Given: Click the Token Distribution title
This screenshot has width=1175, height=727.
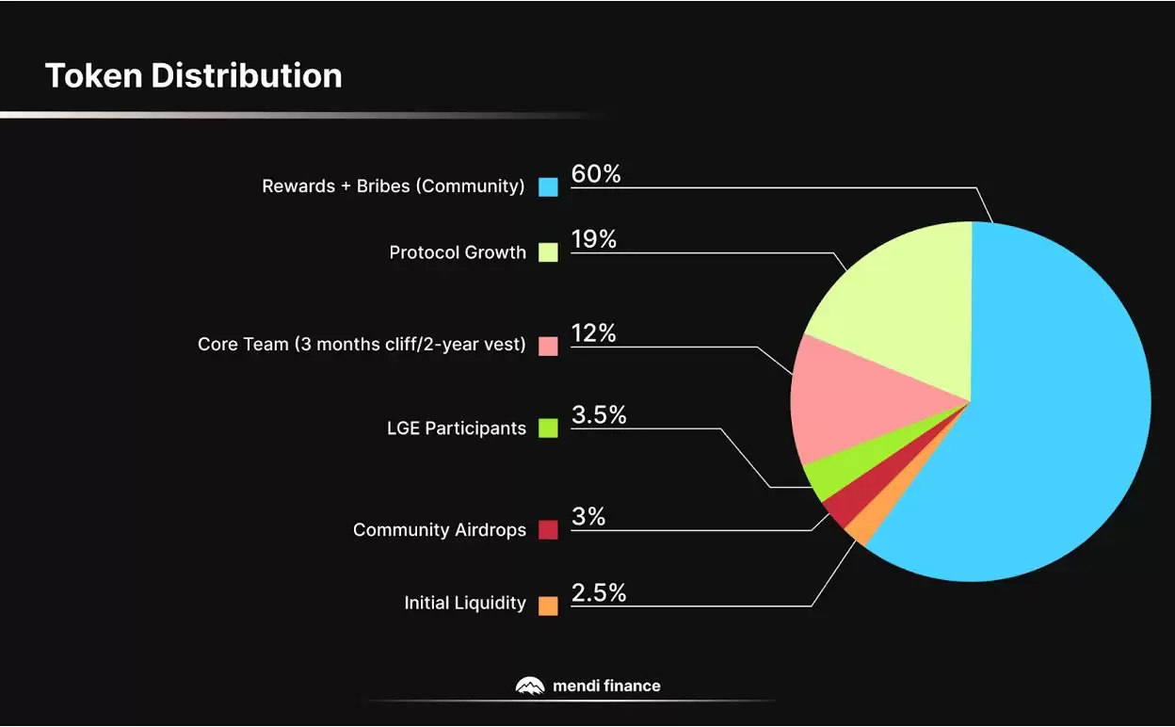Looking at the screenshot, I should coord(193,75).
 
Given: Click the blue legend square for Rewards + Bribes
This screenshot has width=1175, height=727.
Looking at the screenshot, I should coord(548,186).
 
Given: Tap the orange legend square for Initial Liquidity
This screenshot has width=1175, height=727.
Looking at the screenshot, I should coord(548,606).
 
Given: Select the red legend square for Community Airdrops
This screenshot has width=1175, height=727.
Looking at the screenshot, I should coord(548,530).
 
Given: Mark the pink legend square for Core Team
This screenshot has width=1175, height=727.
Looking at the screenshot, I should coord(548,346).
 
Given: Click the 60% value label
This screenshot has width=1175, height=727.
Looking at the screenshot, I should coord(596,174).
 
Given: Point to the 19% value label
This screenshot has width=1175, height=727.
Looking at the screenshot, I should coord(594,239).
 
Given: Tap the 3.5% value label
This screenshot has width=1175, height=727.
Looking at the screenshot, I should coord(599,414).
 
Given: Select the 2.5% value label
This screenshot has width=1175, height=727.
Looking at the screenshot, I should coord(599,592).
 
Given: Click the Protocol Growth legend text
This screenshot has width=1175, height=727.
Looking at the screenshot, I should coord(458,252).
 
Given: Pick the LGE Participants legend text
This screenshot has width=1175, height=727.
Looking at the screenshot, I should coord(457,428).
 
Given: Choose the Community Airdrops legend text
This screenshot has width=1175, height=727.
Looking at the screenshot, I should coord(440,530).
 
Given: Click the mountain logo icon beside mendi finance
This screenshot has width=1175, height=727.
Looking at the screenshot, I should coord(530,686).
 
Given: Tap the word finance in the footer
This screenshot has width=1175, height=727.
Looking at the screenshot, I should coord(631,686).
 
